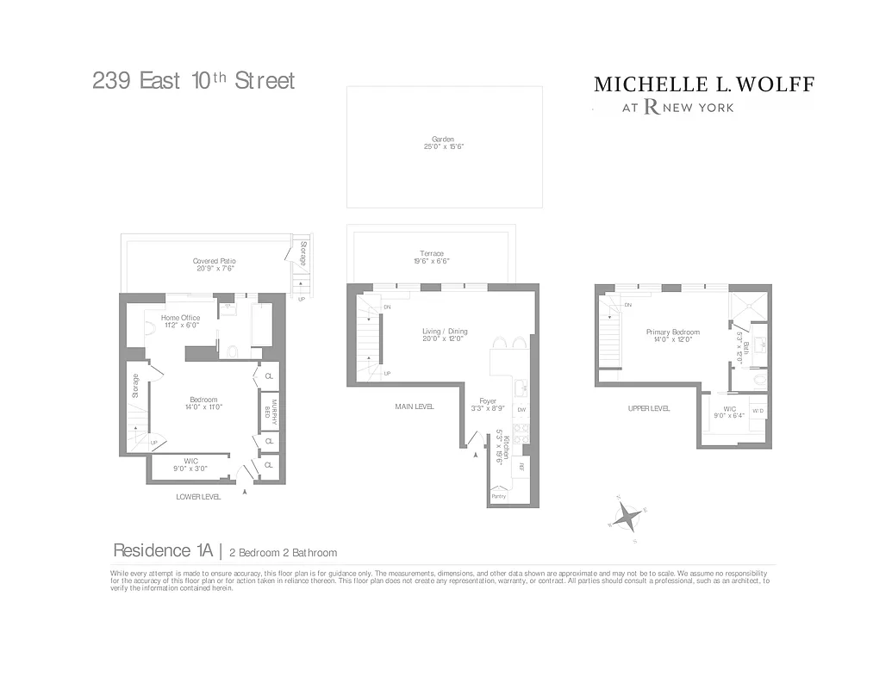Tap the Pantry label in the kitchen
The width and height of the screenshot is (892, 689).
tap(498, 496)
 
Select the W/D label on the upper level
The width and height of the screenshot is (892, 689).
tap(758, 411)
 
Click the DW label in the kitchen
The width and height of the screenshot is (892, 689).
tap(521, 410)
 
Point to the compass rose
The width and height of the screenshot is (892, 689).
tap(628, 518)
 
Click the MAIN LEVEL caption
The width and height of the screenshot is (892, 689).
tap(415, 407)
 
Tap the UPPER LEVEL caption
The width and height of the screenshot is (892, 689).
tap(649, 408)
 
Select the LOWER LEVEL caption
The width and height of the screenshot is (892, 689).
tap(198, 497)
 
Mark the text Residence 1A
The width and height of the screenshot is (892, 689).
tap(164, 551)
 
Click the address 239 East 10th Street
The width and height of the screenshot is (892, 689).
tap(194, 81)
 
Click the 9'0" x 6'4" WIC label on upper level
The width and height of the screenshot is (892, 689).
tap(730, 413)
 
